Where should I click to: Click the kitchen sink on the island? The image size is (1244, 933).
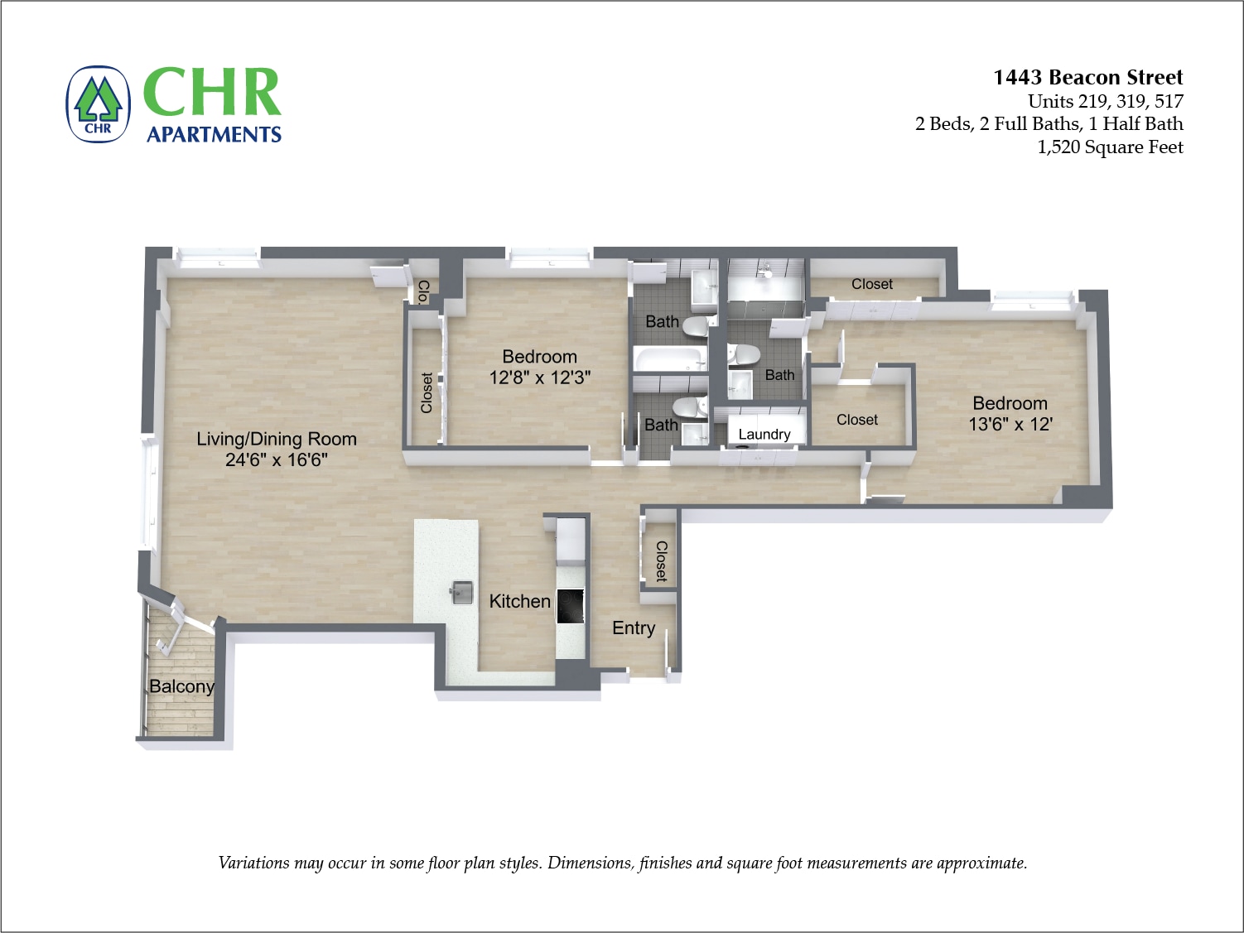(x=461, y=592)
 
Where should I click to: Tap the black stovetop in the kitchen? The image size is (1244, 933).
(x=571, y=606)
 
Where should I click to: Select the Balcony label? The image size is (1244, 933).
(x=181, y=686)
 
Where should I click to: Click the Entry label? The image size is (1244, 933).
(x=634, y=628)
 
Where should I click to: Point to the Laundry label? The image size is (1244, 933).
(x=764, y=434)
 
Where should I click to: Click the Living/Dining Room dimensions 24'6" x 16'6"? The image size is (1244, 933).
(x=277, y=459)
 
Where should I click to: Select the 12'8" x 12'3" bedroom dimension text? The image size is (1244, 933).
(x=539, y=378)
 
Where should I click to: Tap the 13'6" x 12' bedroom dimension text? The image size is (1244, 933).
(x=1010, y=424)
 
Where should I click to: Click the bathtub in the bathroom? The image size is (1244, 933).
(x=669, y=358)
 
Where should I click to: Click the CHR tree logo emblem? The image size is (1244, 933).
(x=99, y=104)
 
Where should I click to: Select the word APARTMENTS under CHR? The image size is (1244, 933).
(x=214, y=134)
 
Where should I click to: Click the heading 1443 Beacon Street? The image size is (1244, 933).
(x=1087, y=77)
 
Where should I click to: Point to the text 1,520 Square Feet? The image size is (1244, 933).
(x=1110, y=147)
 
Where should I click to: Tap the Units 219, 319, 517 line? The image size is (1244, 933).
(x=1105, y=101)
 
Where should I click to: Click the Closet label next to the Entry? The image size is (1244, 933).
(x=661, y=560)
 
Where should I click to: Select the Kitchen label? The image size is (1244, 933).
(x=519, y=601)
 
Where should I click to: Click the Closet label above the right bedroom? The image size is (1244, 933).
(x=871, y=284)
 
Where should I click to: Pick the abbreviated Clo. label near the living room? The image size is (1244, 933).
(x=423, y=291)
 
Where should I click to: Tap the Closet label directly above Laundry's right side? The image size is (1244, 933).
(x=856, y=420)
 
